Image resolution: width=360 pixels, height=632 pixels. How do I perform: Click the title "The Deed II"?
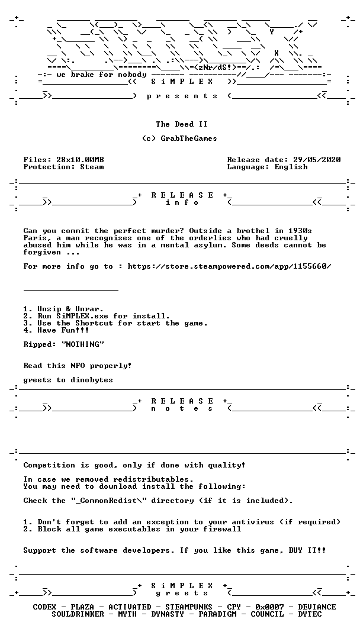coord(179,124)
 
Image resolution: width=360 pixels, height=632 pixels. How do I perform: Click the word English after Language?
coord(291,167)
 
